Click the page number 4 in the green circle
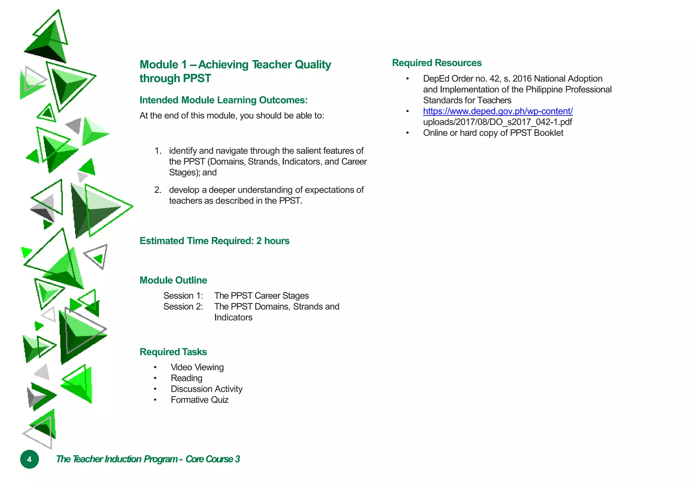tap(29, 459)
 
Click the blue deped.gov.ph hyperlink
tap(498, 111)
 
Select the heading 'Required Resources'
tap(437, 63)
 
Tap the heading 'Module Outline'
tap(173, 280)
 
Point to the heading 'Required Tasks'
tap(173, 352)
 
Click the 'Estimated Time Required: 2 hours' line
tap(214, 241)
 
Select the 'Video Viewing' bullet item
tap(197, 367)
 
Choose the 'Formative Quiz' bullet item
tap(199, 400)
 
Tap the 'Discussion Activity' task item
tap(206, 389)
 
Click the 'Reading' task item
tap(186, 378)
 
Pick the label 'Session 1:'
tap(183, 296)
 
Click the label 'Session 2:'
tap(183, 307)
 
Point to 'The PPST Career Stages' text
tap(261, 296)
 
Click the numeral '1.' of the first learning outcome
tap(158, 151)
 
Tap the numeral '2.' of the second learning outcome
tap(158, 190)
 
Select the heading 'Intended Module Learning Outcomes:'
tap(223, 100)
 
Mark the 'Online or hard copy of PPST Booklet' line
tap(493, 133)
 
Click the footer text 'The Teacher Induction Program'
tap(117, 459)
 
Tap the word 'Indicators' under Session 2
tap(233, 317)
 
